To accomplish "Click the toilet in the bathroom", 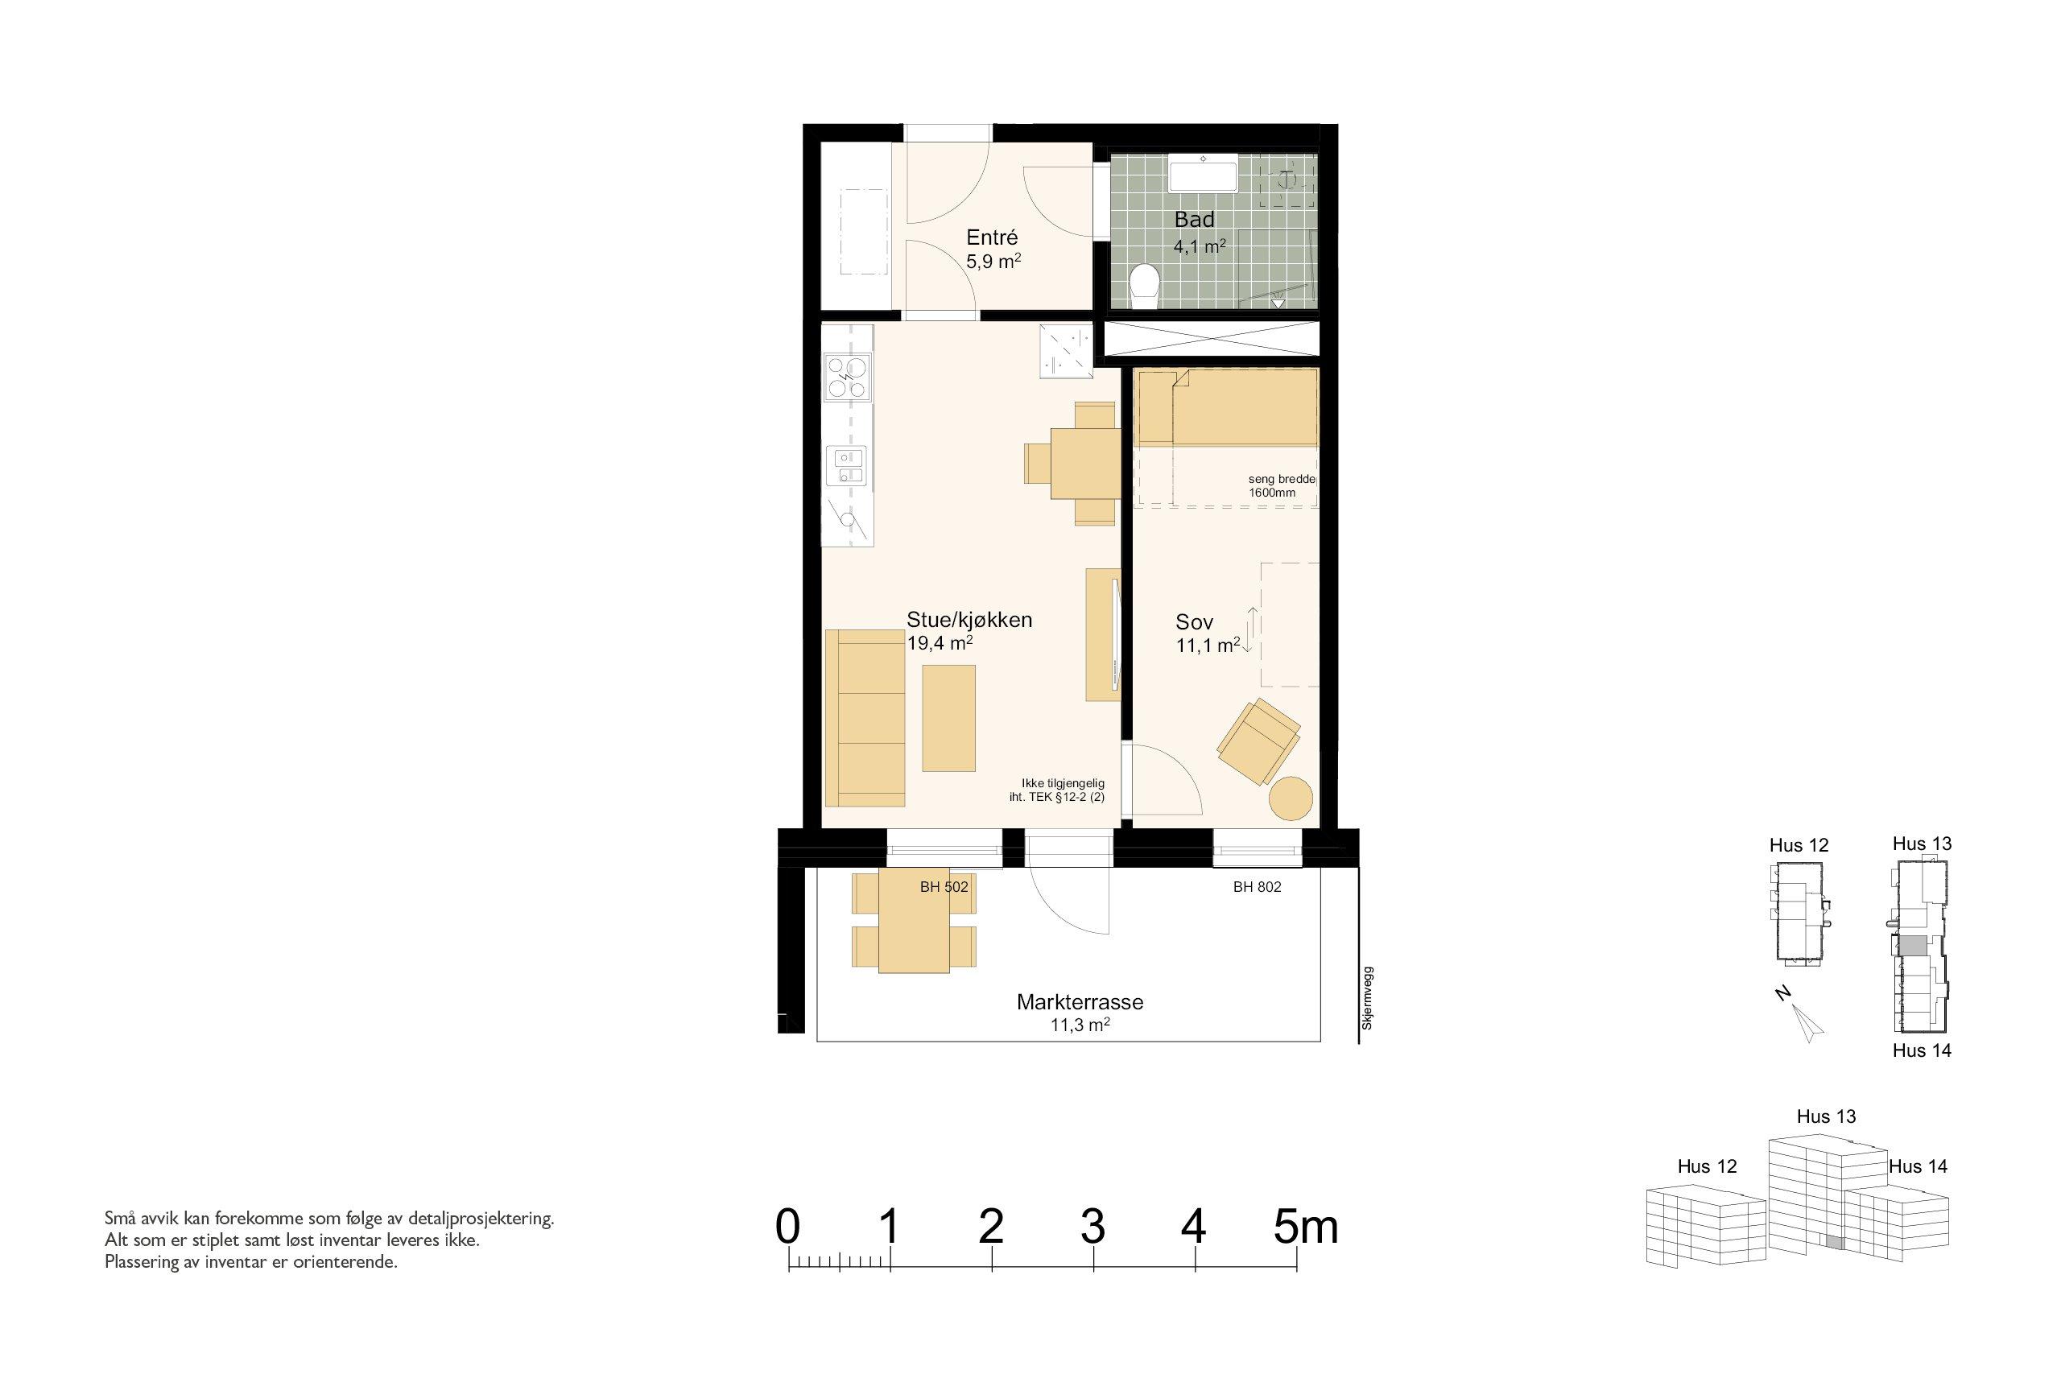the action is (1144, 287).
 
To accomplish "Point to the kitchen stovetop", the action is (234, 377).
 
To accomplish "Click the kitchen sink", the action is (236, 465).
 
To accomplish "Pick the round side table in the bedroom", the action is (1291, 798).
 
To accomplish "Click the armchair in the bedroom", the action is (1258, 741).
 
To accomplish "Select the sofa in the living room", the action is (251, 717).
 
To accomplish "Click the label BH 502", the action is (944, 887).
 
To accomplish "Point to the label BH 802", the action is (1257, 887).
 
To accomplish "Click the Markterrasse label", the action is (1080, 1001).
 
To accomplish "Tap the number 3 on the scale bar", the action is (1092, 1227).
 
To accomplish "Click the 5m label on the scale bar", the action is (1306, 1227).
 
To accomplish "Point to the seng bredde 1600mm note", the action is (1282, 486).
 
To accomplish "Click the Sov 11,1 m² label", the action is (1208, 633).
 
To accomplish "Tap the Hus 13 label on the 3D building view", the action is (1826, 1116).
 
